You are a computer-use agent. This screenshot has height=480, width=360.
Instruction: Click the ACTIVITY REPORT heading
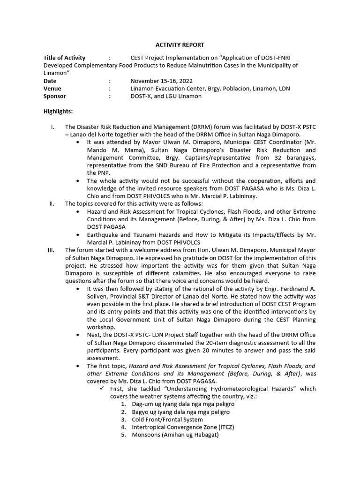click(180, 45)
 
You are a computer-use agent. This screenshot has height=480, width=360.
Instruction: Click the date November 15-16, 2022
click(161, 81)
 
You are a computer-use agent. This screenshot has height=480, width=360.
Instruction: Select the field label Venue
click(52, 88)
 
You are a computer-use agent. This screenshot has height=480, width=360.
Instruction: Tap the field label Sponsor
click(55, 96)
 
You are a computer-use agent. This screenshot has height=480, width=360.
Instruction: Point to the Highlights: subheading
click(58, 112)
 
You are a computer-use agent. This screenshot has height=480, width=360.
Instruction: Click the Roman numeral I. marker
click(53, 127)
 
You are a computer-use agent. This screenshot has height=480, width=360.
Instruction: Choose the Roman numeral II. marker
click(52, 203)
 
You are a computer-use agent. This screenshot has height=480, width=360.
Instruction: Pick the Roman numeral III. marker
click(52, 250)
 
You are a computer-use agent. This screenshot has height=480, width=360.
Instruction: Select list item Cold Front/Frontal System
click(167, 420)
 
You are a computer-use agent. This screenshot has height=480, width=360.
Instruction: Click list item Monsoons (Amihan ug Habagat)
click(175, 435)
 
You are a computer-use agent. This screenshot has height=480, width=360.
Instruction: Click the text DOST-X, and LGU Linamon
click(166, 96)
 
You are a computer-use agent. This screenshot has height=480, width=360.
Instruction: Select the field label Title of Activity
click(64, 58)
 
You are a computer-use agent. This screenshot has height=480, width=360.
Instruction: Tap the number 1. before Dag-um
click(123, 404)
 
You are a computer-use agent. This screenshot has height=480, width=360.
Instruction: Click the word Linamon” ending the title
click(57, 73)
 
